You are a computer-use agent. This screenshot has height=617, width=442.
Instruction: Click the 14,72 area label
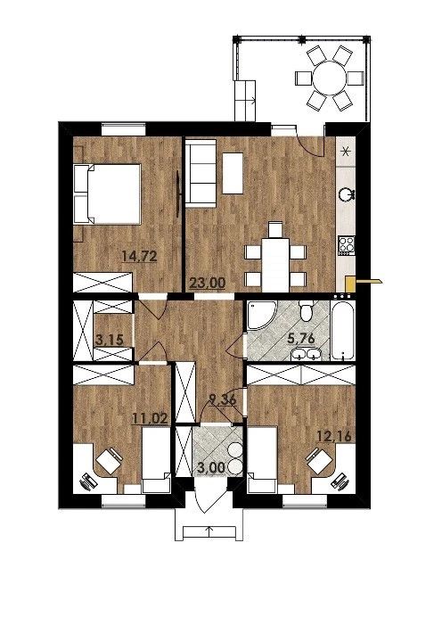point(140,257)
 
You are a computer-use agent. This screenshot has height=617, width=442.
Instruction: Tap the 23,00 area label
point(208,283)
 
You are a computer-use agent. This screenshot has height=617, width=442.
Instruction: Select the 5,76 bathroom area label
point(301,338)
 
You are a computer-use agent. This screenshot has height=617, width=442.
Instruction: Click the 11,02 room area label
point(151,418)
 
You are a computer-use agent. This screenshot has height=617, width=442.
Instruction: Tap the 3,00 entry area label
point(211,468)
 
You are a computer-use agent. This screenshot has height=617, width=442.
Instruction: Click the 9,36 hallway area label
point(223,400)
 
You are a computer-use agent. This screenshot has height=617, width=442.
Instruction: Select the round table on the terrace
point(329,78)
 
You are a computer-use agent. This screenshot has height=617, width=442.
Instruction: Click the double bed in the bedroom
point(107,194)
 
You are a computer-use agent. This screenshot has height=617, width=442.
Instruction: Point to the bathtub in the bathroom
point(343,330)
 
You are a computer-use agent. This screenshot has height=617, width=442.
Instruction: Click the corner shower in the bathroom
point(260,316)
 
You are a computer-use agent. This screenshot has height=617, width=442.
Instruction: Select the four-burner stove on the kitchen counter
point(347,244)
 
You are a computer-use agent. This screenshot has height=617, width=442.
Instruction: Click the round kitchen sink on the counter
point(347,194)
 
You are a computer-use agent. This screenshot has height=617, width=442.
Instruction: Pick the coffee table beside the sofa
point(233,173)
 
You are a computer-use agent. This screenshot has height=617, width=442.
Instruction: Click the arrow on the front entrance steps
point(209,531)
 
